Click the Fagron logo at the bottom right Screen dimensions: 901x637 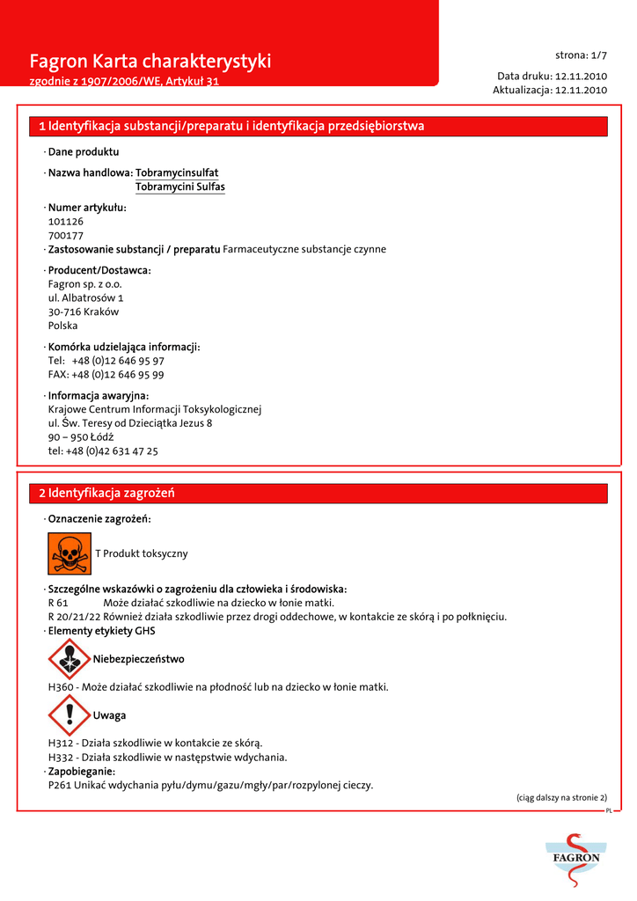(576, 859)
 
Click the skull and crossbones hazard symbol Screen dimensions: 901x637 (70, 553)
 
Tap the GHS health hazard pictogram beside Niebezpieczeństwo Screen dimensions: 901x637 (70, 659)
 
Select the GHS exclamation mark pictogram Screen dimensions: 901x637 (70, 714)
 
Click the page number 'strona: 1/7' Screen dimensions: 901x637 (581, 55)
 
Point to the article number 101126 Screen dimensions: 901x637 (66, 222)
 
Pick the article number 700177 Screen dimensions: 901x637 (66, 236)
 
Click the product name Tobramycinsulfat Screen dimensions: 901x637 (177, 172)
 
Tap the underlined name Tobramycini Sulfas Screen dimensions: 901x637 (180, 187)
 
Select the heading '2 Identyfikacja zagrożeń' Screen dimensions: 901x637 (106, 493)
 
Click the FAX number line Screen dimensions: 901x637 (106, 374)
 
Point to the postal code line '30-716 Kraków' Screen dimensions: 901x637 (84, 311)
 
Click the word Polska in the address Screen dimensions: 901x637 (63, 326)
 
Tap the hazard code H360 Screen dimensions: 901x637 (62, 687)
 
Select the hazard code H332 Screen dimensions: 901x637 (62, 757)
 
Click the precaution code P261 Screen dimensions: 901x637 (60, 785)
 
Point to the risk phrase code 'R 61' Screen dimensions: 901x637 (58, 603)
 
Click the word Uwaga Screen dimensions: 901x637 (109, 715)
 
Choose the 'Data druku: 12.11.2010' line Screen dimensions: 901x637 (552, 77)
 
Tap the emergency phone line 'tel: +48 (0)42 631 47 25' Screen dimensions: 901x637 (103, 450)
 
